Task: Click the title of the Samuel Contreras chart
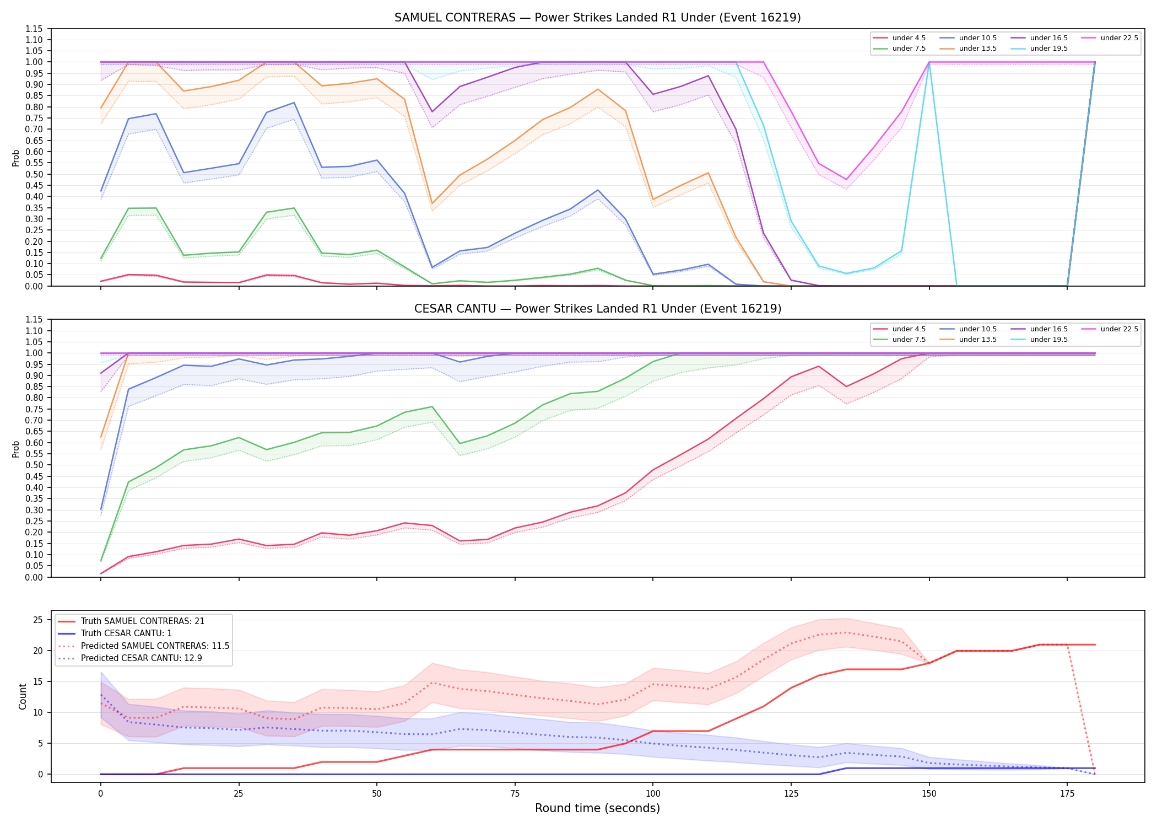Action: [597, 18]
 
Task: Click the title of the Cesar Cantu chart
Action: [598, 309]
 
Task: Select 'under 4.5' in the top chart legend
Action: [899, 38]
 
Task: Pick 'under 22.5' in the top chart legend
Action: [1110, 38]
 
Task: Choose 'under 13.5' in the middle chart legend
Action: [968, 340]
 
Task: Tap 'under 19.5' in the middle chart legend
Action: [1039, 340]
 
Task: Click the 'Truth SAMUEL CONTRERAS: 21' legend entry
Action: [131, 621]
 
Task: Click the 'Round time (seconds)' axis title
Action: [597, 808]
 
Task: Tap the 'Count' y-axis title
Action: [23, 696]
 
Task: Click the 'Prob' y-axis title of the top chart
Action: [16, 158]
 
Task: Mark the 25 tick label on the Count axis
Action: [38, 620]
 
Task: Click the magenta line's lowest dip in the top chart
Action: [846, 180]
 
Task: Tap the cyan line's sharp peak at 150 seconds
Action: [929, 62]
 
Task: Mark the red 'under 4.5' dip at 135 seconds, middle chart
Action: [846, 386]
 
